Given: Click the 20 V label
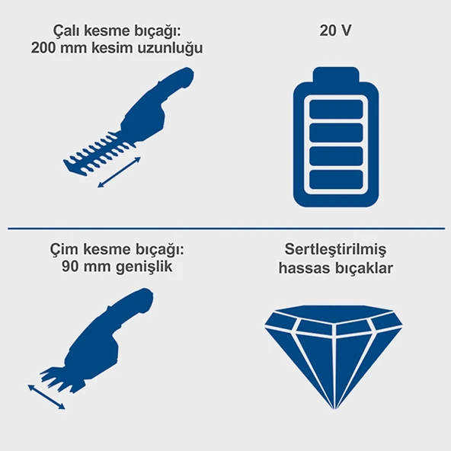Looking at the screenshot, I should [x=336, y=32].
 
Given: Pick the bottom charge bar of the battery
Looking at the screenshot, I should [x=336, y=181].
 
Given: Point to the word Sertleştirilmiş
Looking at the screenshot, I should [x=336, y=250].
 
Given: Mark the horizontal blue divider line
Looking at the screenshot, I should [x=225, y=226].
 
